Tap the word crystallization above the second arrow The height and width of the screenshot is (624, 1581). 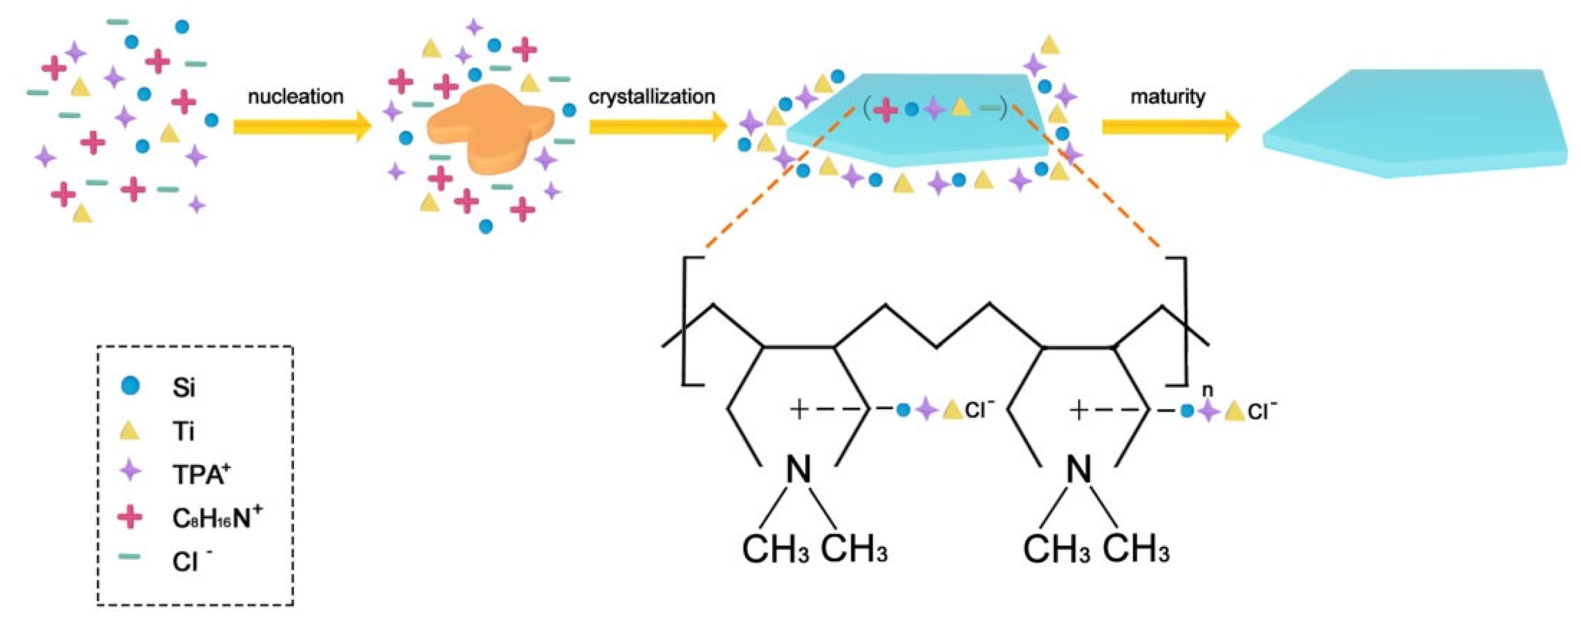pyautogui.click(x=652, y=97)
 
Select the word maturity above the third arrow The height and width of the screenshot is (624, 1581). pyautogui.click(x=1167, y=97)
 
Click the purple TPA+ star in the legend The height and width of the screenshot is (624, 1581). pyautogui.click(x=130, y=473)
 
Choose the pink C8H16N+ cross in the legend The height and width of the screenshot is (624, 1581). pyautogui.click(x=130, y=517)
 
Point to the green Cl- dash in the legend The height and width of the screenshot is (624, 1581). pyautogui.click(x=130, y=557)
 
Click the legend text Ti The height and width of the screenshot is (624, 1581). pyautogui.click(x=183, y=431)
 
